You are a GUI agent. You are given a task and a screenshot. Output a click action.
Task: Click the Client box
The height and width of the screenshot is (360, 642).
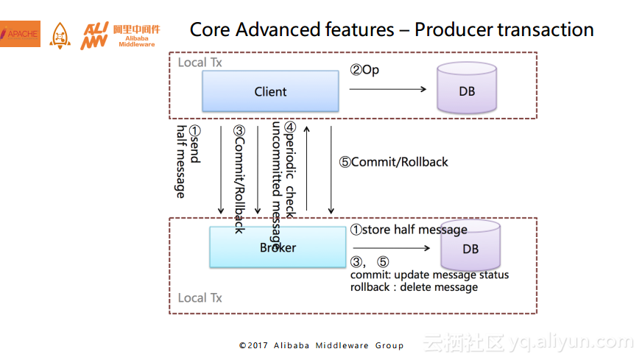(x=270, y=92)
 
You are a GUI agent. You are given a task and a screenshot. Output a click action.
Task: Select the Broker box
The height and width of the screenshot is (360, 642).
(x=278, y=247)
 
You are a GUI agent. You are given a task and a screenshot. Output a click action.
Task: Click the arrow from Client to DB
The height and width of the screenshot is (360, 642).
(x=388, y=89)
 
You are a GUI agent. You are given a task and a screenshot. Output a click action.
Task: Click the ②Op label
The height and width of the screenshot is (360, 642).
(x=364, y=70)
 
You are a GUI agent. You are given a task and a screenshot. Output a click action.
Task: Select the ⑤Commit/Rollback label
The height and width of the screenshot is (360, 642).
(x=393, y=162)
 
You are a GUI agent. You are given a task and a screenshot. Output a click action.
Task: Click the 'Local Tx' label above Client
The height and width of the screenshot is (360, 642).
(x=200, y=63)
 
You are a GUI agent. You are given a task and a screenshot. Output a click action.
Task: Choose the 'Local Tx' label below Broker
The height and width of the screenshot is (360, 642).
(x=200, y=298)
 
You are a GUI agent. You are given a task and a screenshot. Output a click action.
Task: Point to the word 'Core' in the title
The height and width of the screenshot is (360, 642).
(x=211, y=30)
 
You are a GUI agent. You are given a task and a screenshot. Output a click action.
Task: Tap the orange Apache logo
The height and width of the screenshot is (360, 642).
(x=20, y=33)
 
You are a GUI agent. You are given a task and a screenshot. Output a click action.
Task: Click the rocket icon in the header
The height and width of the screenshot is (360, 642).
(x=60, y=35)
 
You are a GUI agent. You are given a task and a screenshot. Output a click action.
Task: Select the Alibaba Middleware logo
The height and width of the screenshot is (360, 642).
(x=120, y=35)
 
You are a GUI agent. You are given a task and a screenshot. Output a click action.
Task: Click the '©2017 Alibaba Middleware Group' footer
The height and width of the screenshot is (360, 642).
(x=321, y=345)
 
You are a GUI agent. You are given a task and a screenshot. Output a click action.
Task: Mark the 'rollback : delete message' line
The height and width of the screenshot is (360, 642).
(x=414, y=287)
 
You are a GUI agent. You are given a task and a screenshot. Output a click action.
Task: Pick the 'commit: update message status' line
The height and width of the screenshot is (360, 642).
(x=429, y=275)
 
